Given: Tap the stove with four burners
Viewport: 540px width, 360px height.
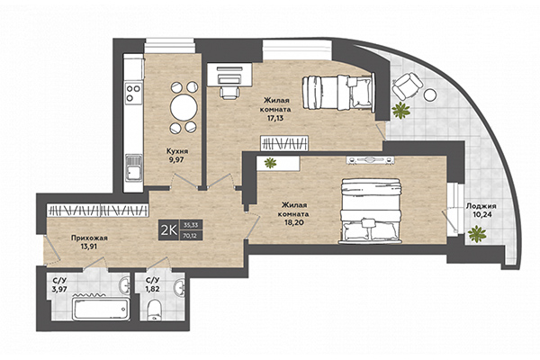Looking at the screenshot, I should [133, 92].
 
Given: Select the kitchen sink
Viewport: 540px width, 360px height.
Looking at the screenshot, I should [133, 165].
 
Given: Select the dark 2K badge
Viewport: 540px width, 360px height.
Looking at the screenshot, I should [166, 229].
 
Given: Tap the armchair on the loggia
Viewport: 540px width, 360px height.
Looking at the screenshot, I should [407, 85].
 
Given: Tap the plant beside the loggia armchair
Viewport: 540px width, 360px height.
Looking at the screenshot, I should [399, 111].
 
